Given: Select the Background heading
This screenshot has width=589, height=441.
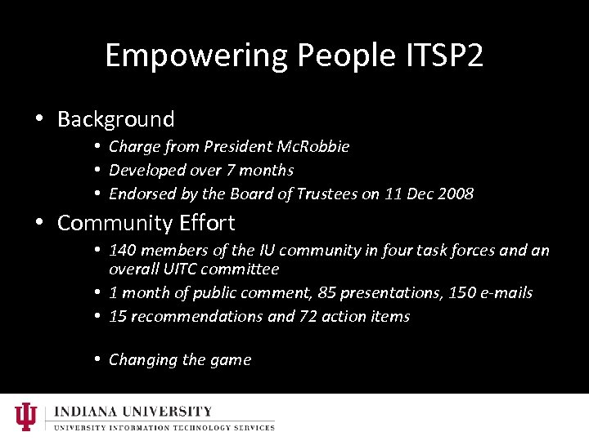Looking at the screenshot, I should tap(116, 119).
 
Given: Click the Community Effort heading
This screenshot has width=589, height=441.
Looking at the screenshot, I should tap(146, 223).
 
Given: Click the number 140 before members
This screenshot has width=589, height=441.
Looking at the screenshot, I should tap(123, 251).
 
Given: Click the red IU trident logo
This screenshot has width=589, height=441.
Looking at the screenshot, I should tap(26, 416).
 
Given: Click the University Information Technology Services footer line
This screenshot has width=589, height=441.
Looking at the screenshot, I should tap(164, 427).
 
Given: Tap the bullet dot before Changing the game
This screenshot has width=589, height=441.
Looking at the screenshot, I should tap(97, 359).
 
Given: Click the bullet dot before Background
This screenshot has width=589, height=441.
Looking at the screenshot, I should tap(39, 119).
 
